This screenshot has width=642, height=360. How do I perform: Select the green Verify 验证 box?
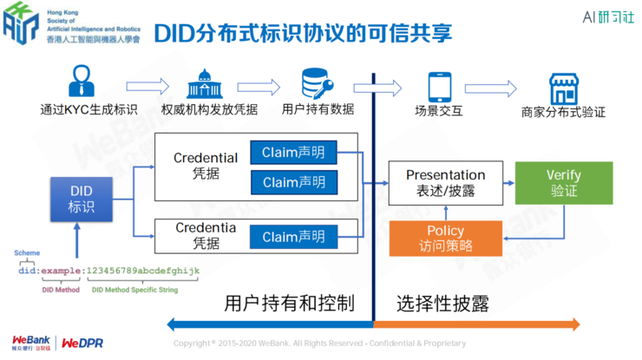[563, 183]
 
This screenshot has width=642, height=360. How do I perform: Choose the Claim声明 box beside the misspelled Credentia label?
[294, 237]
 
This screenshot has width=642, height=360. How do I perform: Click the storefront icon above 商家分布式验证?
[563, 88]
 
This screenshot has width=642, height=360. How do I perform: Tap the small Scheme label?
[26, 253]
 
